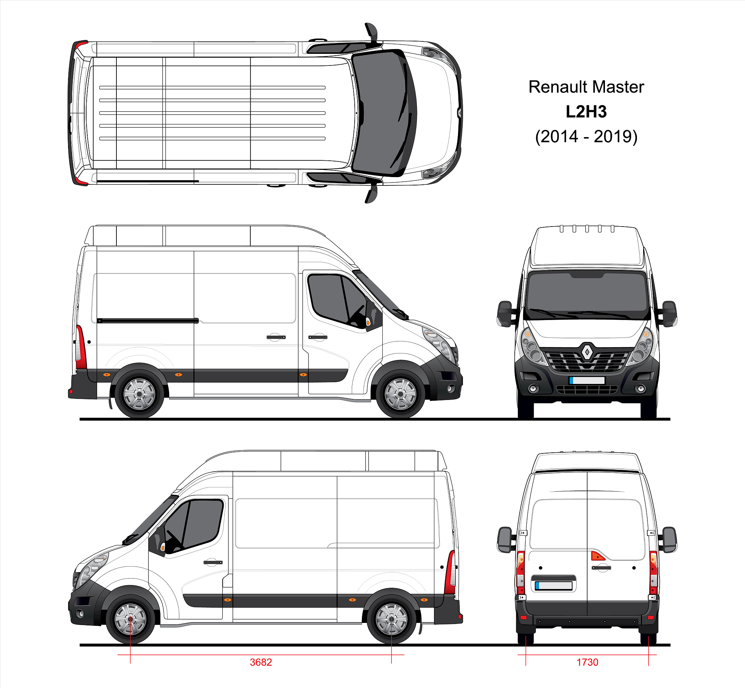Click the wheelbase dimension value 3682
[x=261, y=662]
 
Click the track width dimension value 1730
[x=587, y=662]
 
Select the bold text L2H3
[x=586, y=112]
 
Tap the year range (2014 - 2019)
[x=586, y=137]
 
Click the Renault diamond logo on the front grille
[x=587, y=351]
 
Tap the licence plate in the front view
[x=587, y=380]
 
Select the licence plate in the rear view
[x=554, y=585]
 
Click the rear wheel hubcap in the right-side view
[x=139, y=394]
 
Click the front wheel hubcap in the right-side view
[x=401, y=394]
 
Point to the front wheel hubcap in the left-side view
[x=130, y=619]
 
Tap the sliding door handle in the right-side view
[x=276, y=337]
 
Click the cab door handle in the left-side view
[x=213, y=562]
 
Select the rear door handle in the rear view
[x=601, y=568]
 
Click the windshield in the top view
[x=384, y=113]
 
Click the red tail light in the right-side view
[x=81, y=347]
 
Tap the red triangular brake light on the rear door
[x=597, y=556]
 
